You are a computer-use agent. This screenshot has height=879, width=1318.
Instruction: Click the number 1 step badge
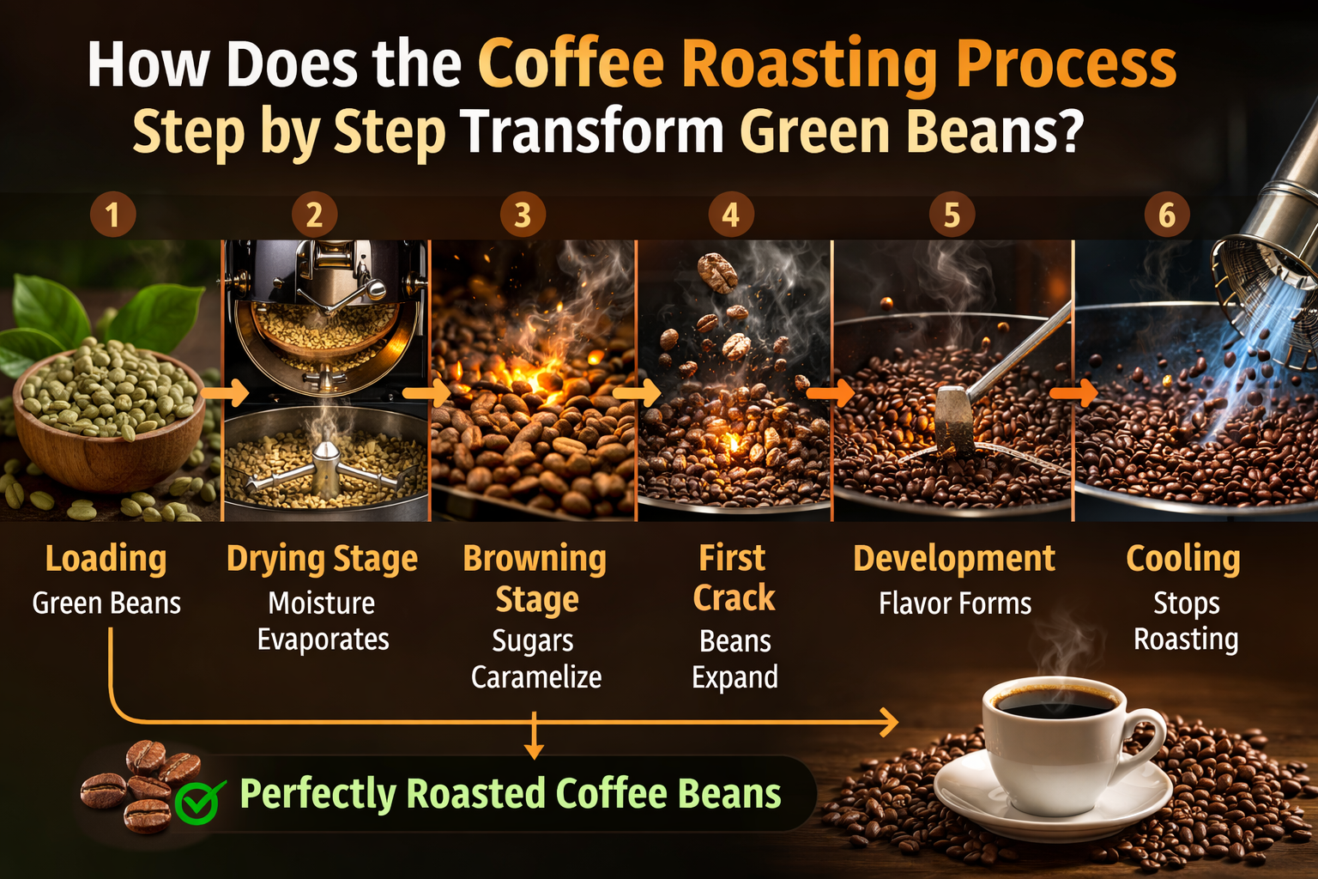pos(113,215)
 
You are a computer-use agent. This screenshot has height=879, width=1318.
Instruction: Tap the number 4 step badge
pos(731,215)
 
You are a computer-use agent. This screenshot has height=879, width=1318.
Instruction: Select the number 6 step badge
pos(1167,215)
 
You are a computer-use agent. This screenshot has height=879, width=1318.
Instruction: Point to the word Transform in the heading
pos(592,131)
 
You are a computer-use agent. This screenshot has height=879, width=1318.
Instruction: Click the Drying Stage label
pos(322,559)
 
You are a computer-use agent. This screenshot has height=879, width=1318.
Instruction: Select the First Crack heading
pos(734,578)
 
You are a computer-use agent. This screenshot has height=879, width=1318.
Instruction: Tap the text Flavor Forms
pos(955,603)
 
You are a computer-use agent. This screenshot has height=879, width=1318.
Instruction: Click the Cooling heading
pos(1183,559)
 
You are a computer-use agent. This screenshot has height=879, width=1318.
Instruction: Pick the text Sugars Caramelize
pos(535,658)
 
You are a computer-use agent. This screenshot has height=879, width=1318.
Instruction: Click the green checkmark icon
pos(199,802)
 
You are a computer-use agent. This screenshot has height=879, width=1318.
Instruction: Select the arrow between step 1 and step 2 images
pos(226,394)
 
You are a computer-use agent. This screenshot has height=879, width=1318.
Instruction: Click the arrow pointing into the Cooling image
pos(1074,394)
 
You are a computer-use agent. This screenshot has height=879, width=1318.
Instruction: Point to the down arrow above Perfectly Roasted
pos(534,737)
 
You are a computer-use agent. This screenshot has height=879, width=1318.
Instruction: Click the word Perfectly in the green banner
pos(317,794)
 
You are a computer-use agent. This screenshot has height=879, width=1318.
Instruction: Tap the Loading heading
pos(106,559)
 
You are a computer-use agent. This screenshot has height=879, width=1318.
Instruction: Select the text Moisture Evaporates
pos(323,621)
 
